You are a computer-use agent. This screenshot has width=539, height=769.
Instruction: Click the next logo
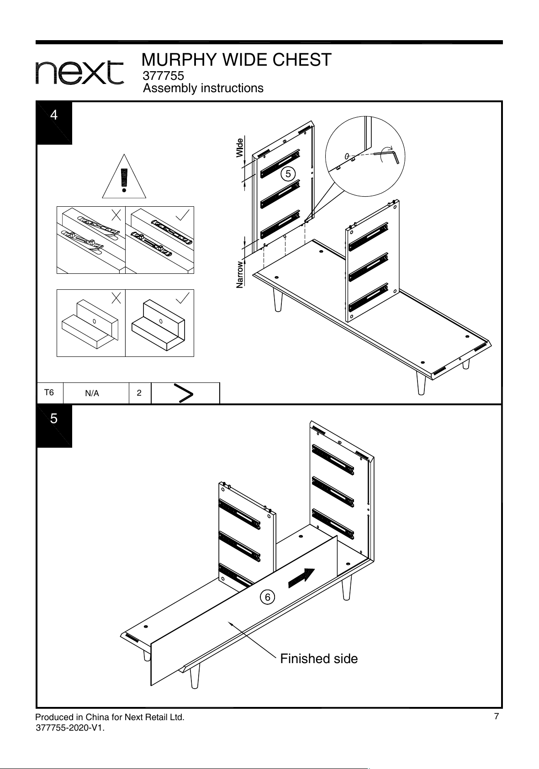tap(79, 73)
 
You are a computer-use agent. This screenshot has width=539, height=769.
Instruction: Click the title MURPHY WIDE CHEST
tap(236, 60)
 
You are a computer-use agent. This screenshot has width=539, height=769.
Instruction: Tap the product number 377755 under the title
tap(163, 75)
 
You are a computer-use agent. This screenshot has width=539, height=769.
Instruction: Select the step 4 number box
tap(54, 123)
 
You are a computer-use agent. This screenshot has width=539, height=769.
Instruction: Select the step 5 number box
tap(54, 426)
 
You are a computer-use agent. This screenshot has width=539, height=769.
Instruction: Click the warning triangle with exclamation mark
tap(124, 177)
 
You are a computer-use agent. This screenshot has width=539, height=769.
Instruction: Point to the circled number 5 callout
tap(288, 174)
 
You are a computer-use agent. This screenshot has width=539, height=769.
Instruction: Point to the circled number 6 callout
tap(267, 597)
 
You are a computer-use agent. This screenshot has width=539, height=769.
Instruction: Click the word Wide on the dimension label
tap(239, 148)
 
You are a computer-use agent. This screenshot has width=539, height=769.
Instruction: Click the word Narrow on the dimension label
tap(239, 275)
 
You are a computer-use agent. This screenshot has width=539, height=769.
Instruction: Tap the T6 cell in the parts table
tap(49, 392)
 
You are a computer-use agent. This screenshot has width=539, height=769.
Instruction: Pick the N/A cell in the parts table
tap(92, 393)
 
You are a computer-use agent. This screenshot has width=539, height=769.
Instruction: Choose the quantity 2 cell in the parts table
tap(139, 393)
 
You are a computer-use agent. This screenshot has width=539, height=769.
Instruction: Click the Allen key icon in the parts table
tap(184, 393)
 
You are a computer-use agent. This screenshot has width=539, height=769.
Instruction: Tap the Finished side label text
tap(319, 659)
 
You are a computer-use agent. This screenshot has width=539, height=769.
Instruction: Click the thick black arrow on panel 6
tap(301, 578)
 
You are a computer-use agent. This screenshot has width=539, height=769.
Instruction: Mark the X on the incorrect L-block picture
tap(116, 298)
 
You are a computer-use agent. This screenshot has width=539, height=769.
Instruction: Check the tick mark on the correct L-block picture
tap(183, 298)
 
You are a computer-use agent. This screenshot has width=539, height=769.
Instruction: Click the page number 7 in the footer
tap(496, 716)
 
